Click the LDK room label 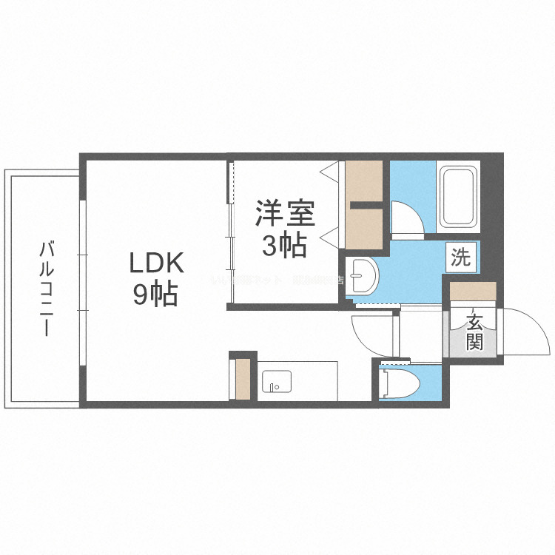coord(155,263)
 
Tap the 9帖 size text coord(155,295)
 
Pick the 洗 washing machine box coord(460,258)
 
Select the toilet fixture coord(400,383)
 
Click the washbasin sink coord(363,277)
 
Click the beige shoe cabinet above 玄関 coord(472,291)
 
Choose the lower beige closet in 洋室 coord(364,228)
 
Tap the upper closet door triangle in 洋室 coord(329,171)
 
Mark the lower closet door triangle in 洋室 coord(329,237)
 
